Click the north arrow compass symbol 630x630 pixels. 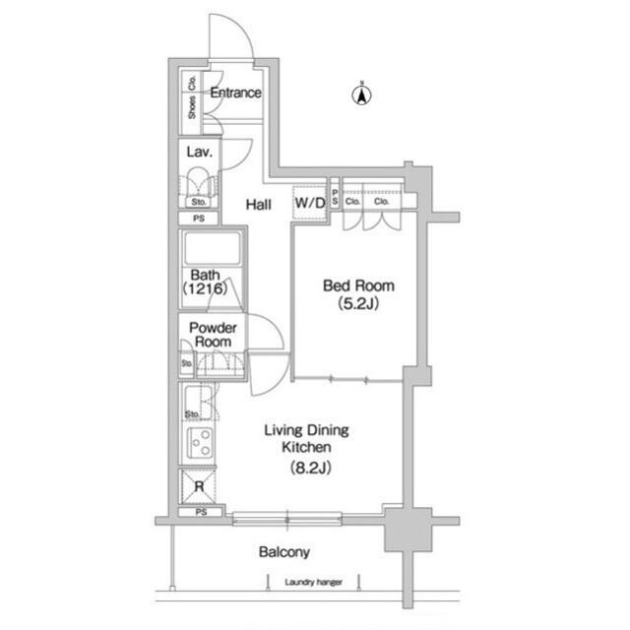click(362, 95)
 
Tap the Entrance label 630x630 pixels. click(235, 94)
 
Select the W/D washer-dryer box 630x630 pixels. click(309, 204)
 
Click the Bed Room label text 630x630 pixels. click(359, 286)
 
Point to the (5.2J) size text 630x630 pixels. click(359, 304)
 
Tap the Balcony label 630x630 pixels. click(284, 552)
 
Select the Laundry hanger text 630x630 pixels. click(313, 583)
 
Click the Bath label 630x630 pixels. click(204, 275)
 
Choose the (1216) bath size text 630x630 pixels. click(205, 290)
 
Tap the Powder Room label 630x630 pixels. click(212, 335)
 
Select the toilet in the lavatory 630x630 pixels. click(201, 184)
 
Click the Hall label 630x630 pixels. click(259, 205)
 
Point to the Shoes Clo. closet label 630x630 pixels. click(192, 98)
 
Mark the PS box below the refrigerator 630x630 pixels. click(201, 513)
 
